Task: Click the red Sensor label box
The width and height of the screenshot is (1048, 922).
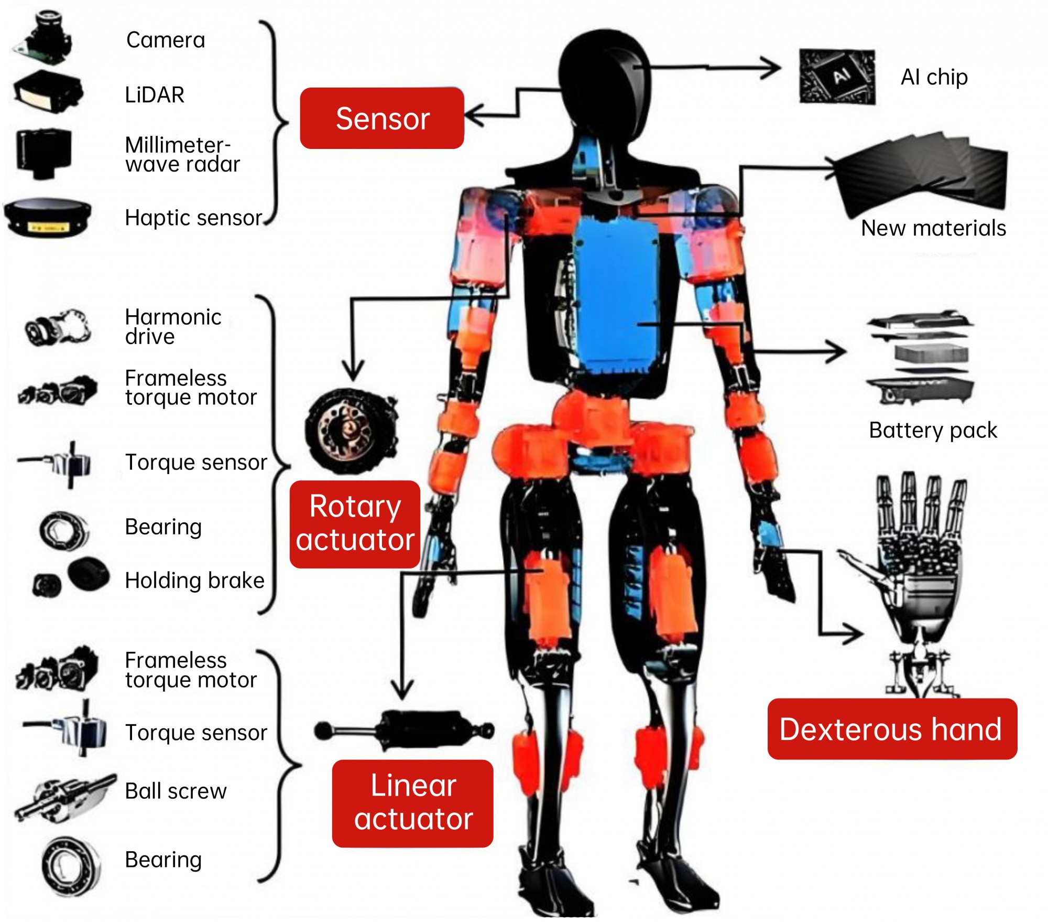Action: click(x=382, y=119)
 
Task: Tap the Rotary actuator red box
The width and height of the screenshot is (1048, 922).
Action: click(x=355, y=523)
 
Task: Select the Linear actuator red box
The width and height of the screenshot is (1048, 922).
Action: click(x=413, y=802)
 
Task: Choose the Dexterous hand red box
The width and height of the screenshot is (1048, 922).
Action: click(x=892, y=729)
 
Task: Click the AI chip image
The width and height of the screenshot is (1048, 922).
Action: click(x=837, y=77)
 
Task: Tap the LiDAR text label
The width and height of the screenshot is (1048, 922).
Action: click(x=155, y=95)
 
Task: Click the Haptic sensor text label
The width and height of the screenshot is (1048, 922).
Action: click(x=193, y=218)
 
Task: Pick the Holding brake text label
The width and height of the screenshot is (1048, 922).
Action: click(x=194, y=581)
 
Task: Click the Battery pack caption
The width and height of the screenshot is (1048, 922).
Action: click(x=933, y=431)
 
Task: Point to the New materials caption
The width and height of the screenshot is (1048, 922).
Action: click(x=933, y=228)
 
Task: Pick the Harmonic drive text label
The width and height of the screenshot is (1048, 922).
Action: click(x=173, y=326)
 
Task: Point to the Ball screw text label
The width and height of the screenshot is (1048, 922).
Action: click(x=176, y=791)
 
